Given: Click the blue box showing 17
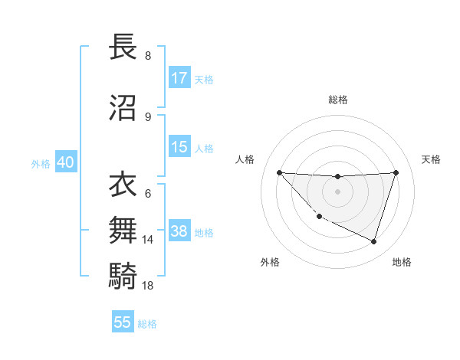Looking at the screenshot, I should click(179, 78).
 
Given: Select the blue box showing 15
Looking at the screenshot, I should click(179, 147).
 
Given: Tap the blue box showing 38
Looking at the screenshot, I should click(179, 232).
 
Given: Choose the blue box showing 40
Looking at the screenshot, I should click(65, 163).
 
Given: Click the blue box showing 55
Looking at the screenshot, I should click(123, 322).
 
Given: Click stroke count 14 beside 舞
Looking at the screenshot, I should click(147, 240).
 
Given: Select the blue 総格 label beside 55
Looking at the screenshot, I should click(147, 324).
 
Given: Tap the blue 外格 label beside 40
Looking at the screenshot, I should click(41, 164).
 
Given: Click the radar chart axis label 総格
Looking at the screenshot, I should click(337, 100).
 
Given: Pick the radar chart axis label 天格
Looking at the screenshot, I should click(431, 159).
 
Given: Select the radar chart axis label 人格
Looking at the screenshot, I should click(245, 159).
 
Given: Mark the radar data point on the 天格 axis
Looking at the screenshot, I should click(396, 172).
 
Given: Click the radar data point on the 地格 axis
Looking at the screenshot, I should click(373, 241).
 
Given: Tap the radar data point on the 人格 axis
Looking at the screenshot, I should click(279, 172).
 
